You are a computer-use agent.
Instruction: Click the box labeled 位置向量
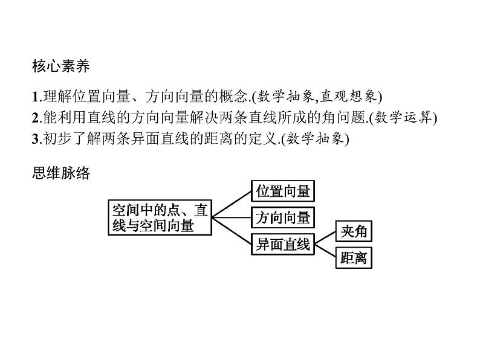283,192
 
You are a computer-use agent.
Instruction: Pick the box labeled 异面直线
283,244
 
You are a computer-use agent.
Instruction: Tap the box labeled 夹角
354,232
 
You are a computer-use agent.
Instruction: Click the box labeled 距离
354,259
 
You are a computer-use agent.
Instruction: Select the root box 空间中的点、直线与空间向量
160,217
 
